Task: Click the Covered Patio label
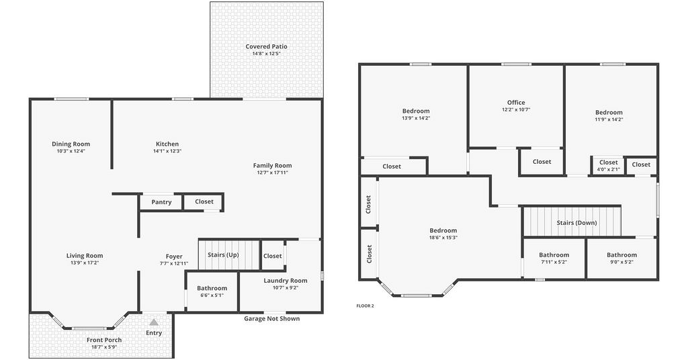click(266, 46)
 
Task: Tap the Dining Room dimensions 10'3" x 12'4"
click(71, 151)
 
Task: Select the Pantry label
click(161, 202)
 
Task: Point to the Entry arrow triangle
click(154, 322)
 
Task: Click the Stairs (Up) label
click(223, 255)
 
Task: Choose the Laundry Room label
click(286, 281)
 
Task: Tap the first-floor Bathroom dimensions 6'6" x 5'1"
click(212, 295)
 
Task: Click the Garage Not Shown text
click(272, 318)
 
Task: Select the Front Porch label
click(104, 340)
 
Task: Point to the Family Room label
click(273, 165)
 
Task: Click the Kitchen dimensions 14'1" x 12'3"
click(167, 151)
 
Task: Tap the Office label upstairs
click(516, 102)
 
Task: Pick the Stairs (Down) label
click(576, 223)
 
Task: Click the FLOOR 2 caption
click(365, 306)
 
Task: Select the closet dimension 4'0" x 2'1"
click(609, 169)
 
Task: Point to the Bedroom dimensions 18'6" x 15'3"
click(443, 238)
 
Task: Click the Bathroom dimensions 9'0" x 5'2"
click(621, 262)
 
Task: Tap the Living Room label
click(85, 256)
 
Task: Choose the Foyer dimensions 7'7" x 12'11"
click(174, 263)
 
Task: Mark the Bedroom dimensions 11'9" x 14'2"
click(609, 120)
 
